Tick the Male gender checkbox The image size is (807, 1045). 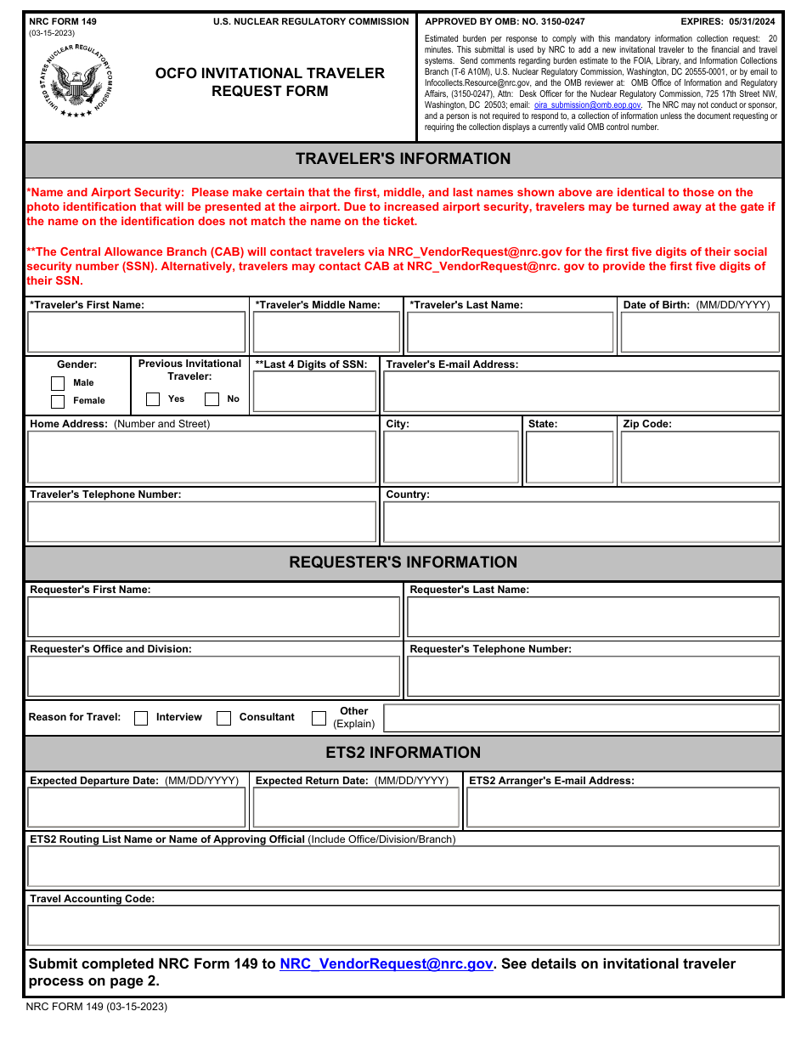pyautogui.click(x=58, y=383)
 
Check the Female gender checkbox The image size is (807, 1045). pyautogui.click(x=58, y=401)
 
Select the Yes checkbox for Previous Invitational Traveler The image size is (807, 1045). pyautogui.click(x=153, y=399)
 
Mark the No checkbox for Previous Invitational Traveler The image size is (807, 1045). pyautogui.click(x=212, y=399)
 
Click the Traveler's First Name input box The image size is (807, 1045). pyautogui.click(x=136, y=332)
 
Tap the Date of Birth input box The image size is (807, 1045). pyautogui.click(x=699, y=332)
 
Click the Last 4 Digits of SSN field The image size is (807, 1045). pyautogui.click(x=314, y=392)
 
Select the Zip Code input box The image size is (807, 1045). pyautogui.click(x=699, y=457)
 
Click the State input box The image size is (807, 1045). pyautogui.click(x=569, y=457)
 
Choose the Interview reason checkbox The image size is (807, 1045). pyautogui.click(x=141, y=718)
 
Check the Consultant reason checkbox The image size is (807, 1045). pyautogui.click(x=224, y=718)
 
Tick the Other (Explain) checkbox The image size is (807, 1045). pyautogui.click(x=319, y=718)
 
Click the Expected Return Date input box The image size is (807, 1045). pyautogui.click(x=356, y=807)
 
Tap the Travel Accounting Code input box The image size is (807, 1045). pyautogui.click(x=403, y=925)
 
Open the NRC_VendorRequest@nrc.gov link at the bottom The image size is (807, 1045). pyautogui.click(x=386, y=964)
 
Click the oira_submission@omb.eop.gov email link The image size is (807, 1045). pyautogui.click(x=588, y=105)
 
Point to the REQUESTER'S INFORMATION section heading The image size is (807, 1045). pyautogui.click(x=403, y=562)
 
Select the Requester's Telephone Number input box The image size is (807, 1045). pyautogui.click(x=593, y=677)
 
